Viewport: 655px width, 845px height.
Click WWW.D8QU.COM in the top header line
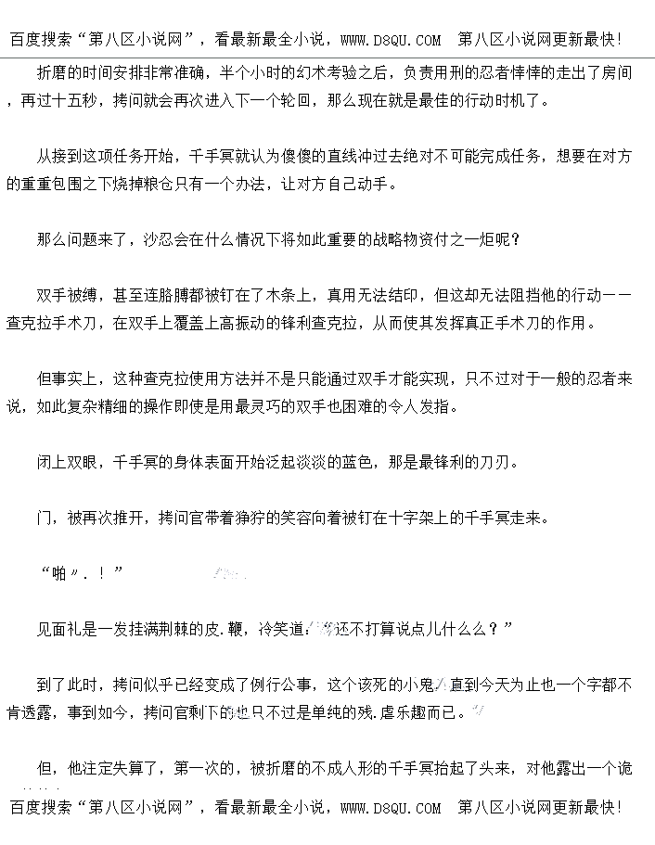pyautogui.click(x=391, y=40)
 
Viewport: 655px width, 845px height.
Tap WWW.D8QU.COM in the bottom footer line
pyautogui.click(x=391, y=808)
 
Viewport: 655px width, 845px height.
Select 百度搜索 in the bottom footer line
pyautogui.click(x=41, y=808)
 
